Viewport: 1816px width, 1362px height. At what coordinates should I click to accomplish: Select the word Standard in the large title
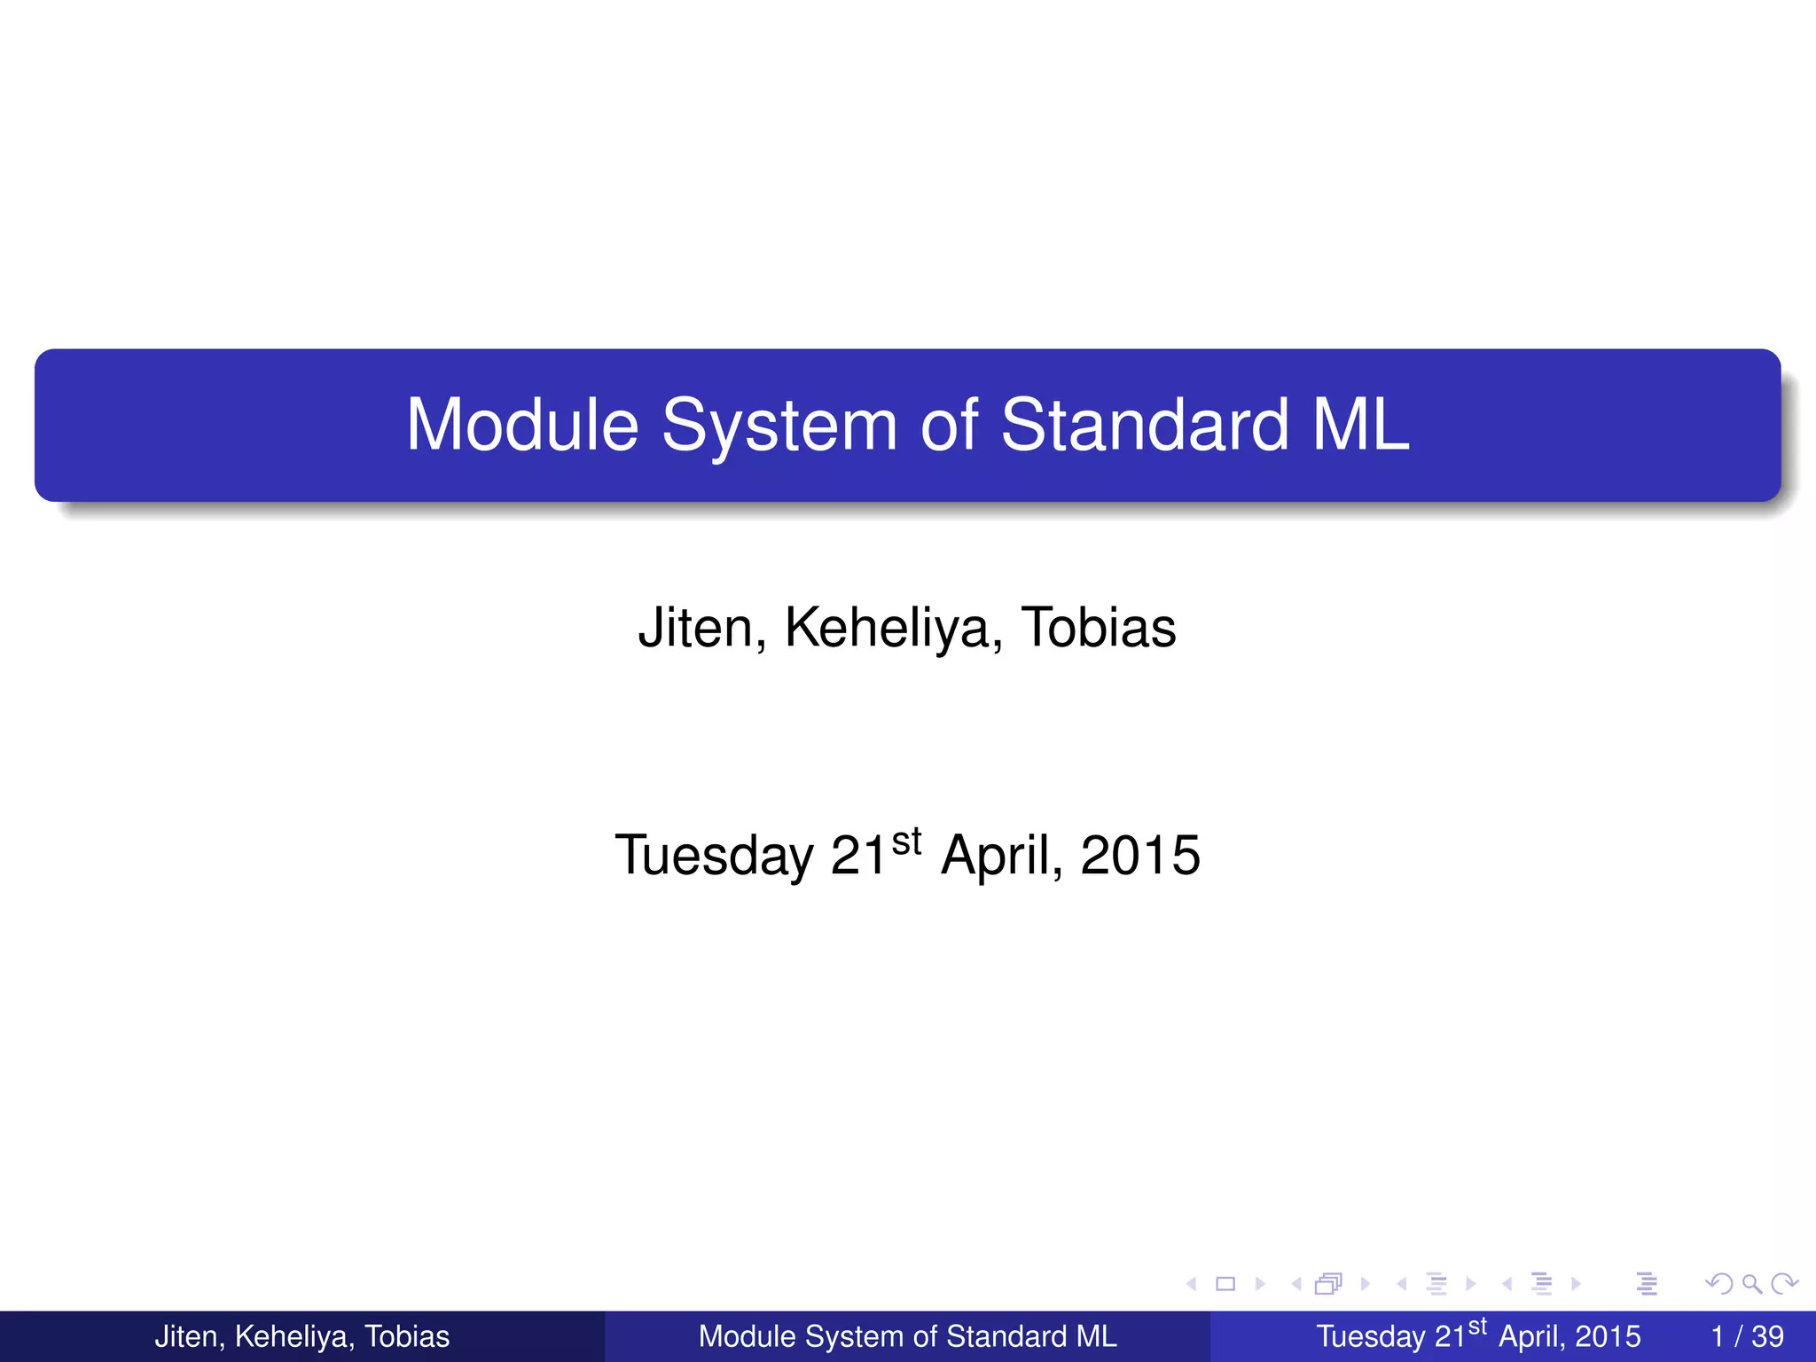tap(1144, 426)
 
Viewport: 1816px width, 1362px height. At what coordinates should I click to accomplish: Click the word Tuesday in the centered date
tap(715, 857)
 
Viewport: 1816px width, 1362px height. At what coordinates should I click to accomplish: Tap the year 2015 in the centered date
tap(1140, 856)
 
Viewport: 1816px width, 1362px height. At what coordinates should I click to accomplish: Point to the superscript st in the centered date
tap(906, 841)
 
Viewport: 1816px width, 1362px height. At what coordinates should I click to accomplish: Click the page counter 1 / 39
tap(1747, 1336)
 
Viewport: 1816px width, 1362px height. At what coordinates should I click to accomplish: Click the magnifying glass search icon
tap(1752, 1283)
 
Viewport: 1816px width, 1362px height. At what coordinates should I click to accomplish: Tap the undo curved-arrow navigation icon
tap(1720, 1283)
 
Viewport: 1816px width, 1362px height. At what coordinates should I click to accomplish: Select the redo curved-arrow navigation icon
tap(1784, 1283)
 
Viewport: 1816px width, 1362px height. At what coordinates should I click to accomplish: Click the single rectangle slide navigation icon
tap(1225, 1283)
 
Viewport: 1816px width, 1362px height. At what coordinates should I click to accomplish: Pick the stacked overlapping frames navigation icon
tap(1328, 1283)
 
